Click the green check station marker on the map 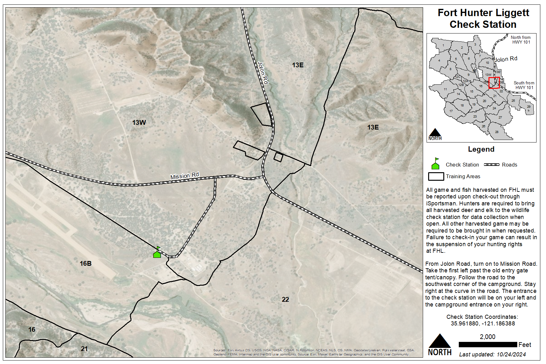coord(157,253)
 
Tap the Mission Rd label coord(185,176)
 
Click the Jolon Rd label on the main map coord(263,73)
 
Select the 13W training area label coord(139,123)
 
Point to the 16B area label coord(86,264)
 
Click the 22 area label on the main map coord(285,300)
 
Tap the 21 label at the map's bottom coord(84,349)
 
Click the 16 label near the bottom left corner coord(32,330)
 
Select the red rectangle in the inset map coord(494,83)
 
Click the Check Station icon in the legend coord(435,164)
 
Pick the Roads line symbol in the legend coord(492,165)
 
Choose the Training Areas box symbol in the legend coord(436,176)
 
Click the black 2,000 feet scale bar coord(488,344)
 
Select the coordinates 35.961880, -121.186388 coord(482,324)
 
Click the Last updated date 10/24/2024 coord(511,355)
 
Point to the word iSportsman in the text coord(441,203)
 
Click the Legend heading coord(481,149)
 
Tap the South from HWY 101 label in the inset coord(524,85)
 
